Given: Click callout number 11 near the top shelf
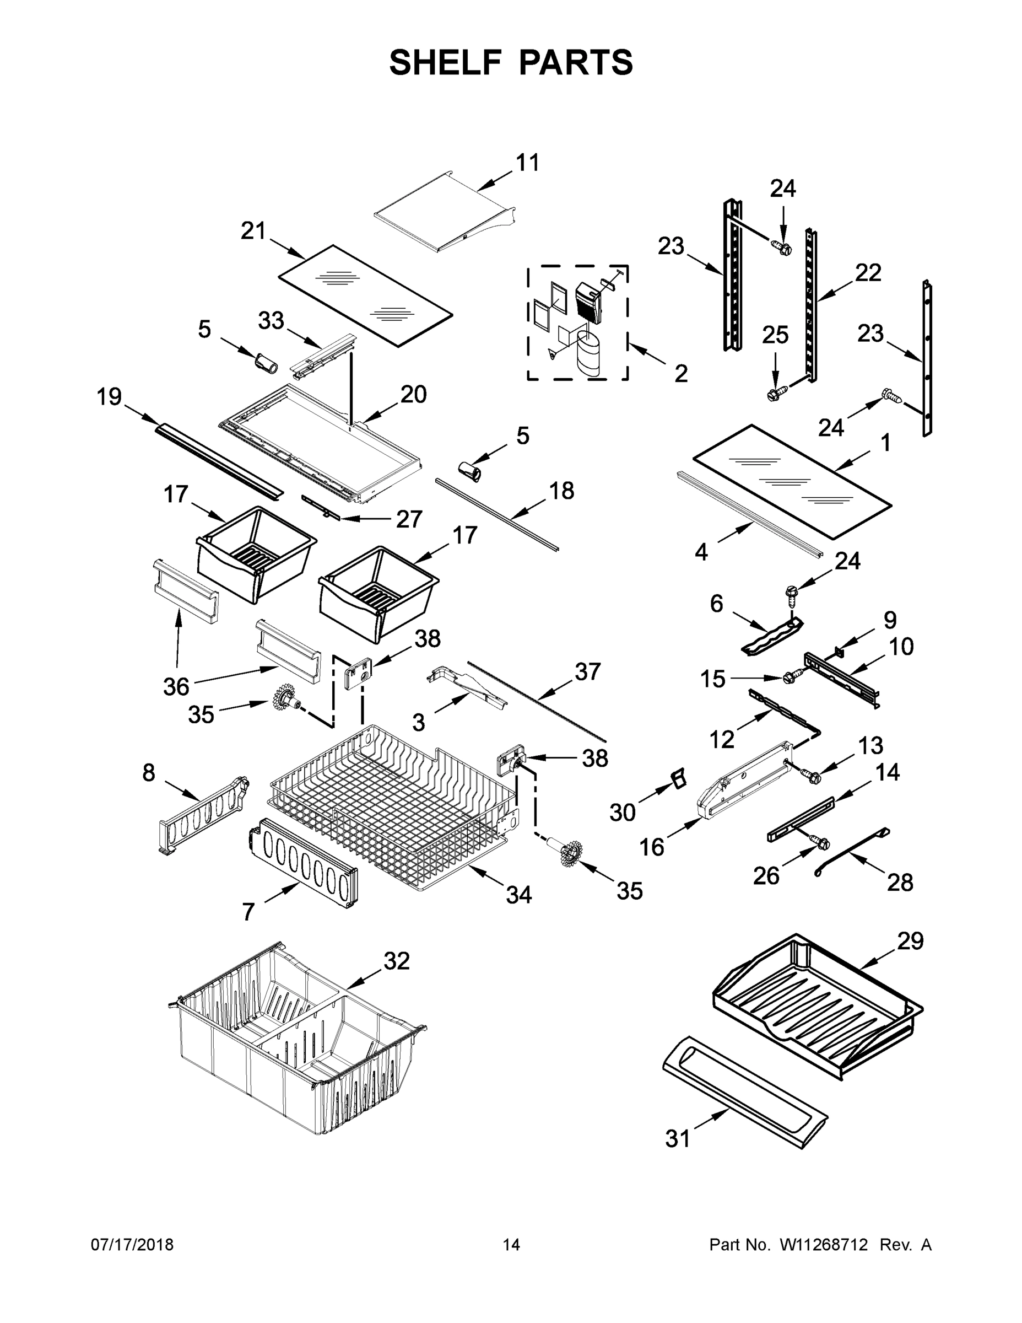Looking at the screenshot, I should coord(527,163).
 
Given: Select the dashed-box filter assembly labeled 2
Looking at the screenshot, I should coord(577,322).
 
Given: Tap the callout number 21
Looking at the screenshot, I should coord(253,231).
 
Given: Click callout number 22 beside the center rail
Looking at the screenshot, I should coord(868,273).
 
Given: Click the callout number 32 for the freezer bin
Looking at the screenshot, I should coord(397,961).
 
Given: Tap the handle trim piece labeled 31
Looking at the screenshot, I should coord(745,1084).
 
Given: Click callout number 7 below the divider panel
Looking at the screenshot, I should coord(248,911).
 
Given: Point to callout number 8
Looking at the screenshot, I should coord(149,773).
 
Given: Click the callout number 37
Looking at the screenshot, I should coord(587,671).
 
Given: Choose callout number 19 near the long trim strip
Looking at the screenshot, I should coord(109,397).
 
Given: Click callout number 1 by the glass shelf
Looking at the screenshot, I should coord(885,443).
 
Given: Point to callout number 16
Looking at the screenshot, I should coord(652,847).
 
